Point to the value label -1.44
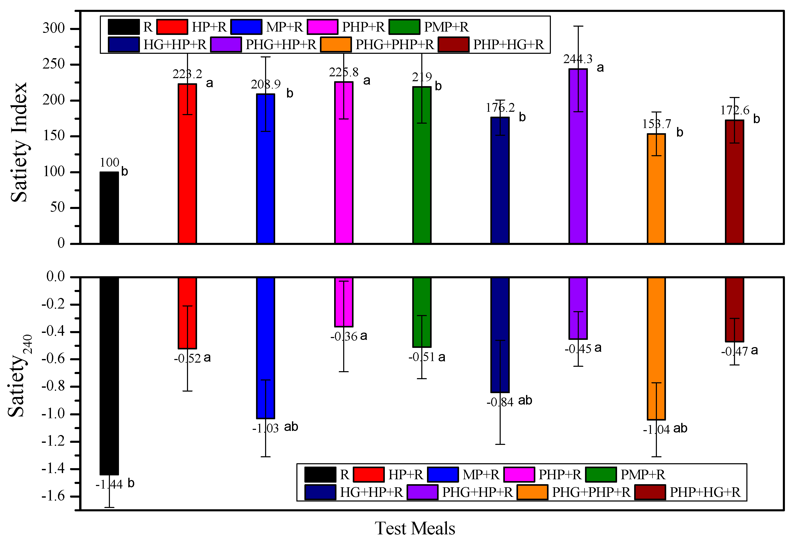[109, 484]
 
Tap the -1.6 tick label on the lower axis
[53, 496]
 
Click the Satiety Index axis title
[19, 142]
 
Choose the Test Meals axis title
[415, 528]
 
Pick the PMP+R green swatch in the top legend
[404, 27]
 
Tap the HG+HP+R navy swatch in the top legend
[124, 44]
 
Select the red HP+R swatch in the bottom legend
[369, 475]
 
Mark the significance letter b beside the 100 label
[124, 171]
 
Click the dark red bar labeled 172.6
[734, 185]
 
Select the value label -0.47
[734, 351]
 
